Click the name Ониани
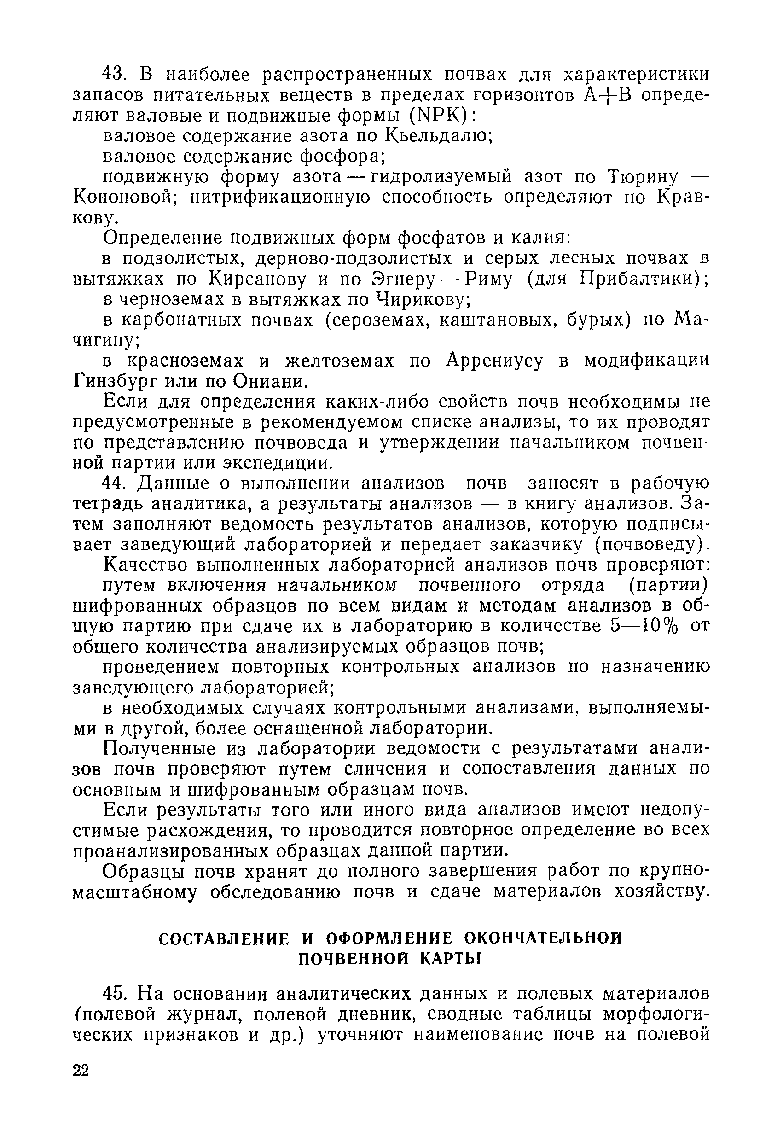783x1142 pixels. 270,381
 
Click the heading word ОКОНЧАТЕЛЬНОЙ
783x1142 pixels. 543,938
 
